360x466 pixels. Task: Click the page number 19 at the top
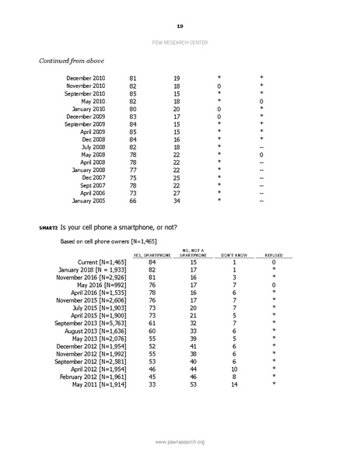coord(180,26)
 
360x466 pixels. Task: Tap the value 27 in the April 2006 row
coord(177,192)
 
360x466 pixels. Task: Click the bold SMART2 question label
coord(48,226)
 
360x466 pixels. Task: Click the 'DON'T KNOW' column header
coord(225,255)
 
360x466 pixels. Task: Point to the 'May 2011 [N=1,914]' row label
coord(98,384)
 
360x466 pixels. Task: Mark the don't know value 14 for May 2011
coord(225,384)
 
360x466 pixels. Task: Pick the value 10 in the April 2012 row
coord(225,367)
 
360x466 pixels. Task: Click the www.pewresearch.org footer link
coord(180,442)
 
